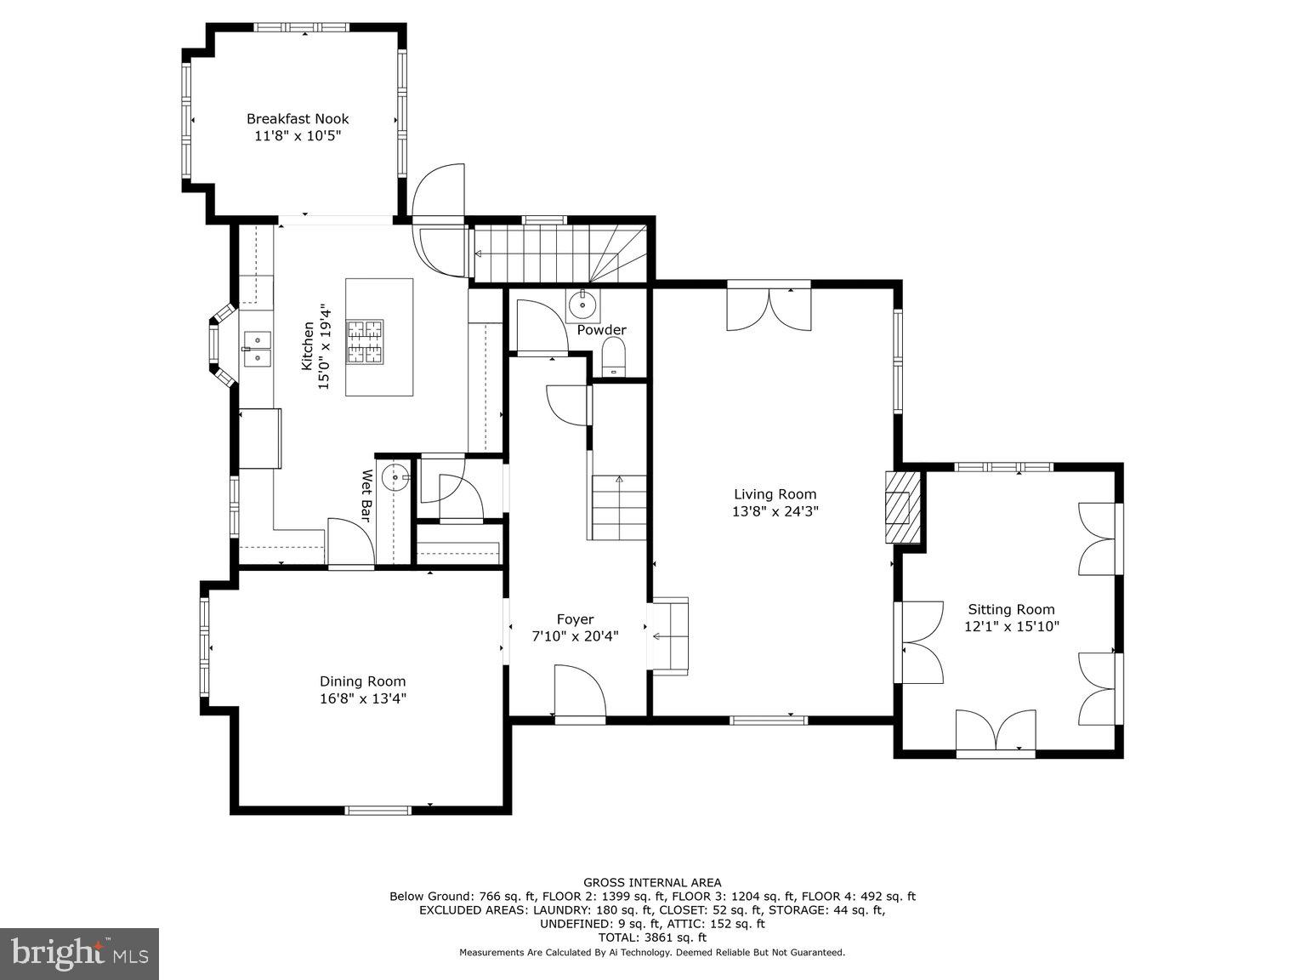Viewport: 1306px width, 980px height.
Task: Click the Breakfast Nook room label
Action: (x=298, y=119)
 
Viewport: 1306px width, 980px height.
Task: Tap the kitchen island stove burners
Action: (x=364, y=342)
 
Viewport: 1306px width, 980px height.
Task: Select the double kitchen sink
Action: (x=256, y=349)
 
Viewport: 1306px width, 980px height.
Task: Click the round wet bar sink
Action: (x=395, y=479)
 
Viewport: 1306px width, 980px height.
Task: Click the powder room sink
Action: (x=583, y=302)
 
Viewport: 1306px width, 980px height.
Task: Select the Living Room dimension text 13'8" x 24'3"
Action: (x=775, y=511)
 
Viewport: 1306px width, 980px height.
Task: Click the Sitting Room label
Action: (x=1011, y=609)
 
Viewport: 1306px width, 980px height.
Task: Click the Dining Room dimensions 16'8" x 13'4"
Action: (x=363, y=698)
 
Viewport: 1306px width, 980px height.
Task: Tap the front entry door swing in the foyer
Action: (x=579, y=691)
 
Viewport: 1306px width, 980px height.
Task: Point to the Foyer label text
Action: (x=575, y=619)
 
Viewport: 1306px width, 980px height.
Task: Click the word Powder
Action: (x=601, y=330)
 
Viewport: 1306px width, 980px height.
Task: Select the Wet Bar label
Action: (x=367, y=495)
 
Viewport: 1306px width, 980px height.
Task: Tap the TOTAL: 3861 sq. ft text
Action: (x=652, y=937)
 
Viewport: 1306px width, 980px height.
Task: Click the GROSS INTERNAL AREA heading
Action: (x=652, y=883)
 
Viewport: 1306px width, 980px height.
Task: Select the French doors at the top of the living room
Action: (x=769, y=309)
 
